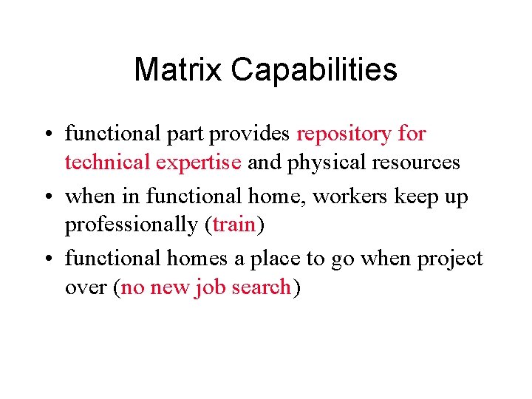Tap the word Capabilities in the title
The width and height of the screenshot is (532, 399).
click(x=313, y=71)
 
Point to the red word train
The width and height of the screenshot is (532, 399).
click(x=233, y=225)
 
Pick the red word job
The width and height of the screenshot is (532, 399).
click(x=211, y=287)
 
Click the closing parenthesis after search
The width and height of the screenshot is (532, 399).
click(x=296, y=287)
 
